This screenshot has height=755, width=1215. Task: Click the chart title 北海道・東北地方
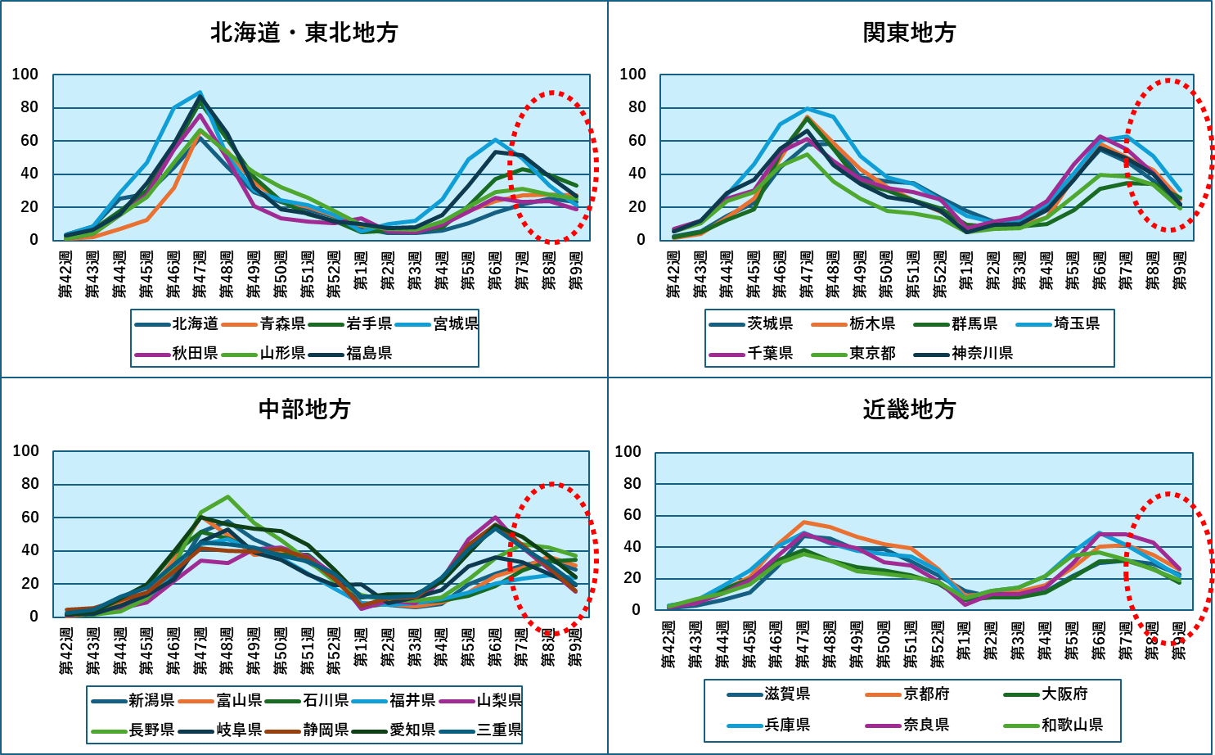[304, 33]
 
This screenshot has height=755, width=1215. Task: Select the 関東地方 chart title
[909, 33]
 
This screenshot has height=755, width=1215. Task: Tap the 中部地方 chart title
[304, 409]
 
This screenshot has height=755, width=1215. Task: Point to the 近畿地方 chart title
[909, 409]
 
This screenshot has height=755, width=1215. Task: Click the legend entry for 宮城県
[455, 324]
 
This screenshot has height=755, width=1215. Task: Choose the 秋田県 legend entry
[195, 353]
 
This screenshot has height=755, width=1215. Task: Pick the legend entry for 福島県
[368, 353]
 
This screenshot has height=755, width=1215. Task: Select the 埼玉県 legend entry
[1076, 324]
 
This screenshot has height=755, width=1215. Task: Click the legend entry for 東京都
[871, 353]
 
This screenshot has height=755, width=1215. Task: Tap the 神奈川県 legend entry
[982, 353]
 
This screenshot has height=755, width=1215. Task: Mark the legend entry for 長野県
[151, 730]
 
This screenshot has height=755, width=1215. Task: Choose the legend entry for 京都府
[926, 694]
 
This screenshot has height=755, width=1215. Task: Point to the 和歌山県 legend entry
[1072, 725]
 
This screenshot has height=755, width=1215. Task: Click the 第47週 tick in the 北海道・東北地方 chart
[200, 274]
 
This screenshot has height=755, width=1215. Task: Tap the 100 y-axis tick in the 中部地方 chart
[26, 451]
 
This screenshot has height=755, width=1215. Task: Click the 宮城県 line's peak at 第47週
[200, 93]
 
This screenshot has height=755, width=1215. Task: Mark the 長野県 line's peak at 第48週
[227, 496]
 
